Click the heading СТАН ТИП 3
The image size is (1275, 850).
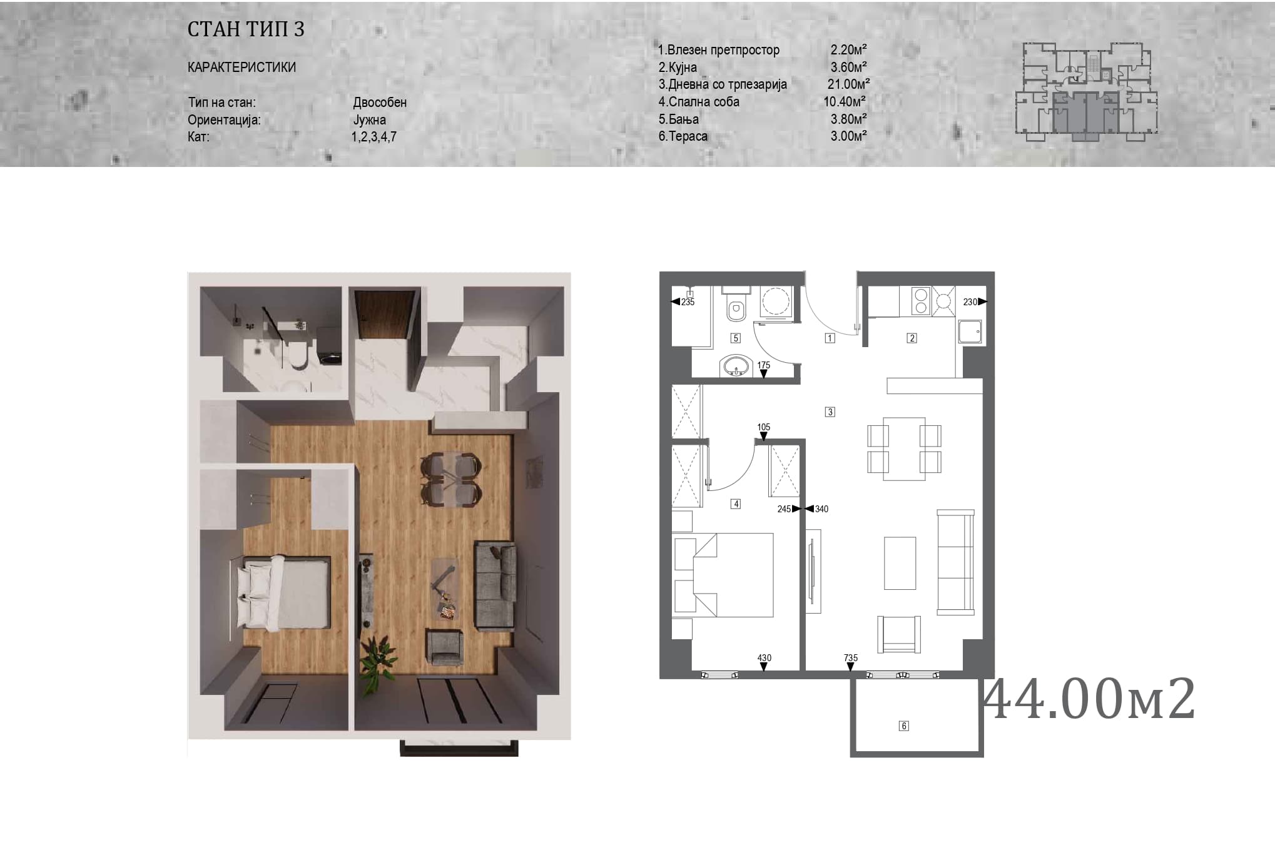[246, 29]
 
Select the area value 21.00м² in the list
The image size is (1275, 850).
[848, 84]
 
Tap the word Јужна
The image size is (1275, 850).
[369, 119]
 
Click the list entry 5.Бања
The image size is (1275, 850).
[678, 119]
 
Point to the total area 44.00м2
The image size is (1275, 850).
[1090, 699]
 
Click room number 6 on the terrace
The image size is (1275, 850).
[903, 726]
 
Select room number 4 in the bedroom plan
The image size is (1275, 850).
[736, 504]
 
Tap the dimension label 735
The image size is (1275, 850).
[850, 658]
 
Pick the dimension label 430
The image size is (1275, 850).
[764, 658]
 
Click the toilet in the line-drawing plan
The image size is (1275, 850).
[736, 303]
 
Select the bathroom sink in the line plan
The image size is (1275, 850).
[736, 367]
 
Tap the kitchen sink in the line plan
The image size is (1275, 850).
[970, 331]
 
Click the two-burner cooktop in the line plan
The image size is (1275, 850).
[921, 301]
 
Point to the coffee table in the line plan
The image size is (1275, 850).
[900, 563]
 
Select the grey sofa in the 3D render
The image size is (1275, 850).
[495, 585]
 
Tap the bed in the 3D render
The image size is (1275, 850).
[283, 592]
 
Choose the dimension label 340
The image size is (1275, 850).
[821, 509]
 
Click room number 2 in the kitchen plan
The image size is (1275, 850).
[912, 338]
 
